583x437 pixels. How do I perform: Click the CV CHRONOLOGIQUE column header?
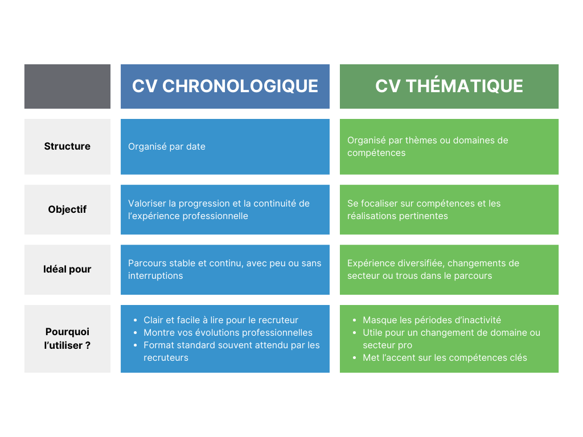225,86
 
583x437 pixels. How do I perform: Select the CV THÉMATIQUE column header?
449,86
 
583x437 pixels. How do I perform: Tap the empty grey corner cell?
67,86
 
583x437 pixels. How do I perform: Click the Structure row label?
67,146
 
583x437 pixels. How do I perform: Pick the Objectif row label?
67,209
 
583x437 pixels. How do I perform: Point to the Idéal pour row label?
67,269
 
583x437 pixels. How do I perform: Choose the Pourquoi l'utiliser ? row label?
67,339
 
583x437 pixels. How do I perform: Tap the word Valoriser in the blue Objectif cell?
147,204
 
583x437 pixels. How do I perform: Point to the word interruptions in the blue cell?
155,276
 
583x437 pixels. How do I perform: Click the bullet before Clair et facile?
136,320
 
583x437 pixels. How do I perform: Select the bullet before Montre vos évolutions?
136,333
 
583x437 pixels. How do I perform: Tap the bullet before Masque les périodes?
355,320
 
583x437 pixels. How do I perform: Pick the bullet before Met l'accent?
355,358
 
